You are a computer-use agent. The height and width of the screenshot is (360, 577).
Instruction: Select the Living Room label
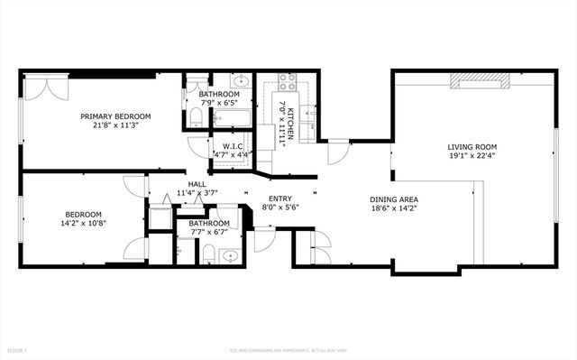point(472,146)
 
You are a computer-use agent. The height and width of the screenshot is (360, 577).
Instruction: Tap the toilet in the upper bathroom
point(196,116)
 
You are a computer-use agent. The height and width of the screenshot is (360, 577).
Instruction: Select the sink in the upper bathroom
point(223,81)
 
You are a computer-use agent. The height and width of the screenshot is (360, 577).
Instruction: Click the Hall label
point(197,183)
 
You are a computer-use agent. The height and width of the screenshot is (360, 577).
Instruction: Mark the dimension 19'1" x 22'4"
point(472,155)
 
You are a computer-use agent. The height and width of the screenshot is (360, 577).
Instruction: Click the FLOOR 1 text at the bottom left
point(17,349)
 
